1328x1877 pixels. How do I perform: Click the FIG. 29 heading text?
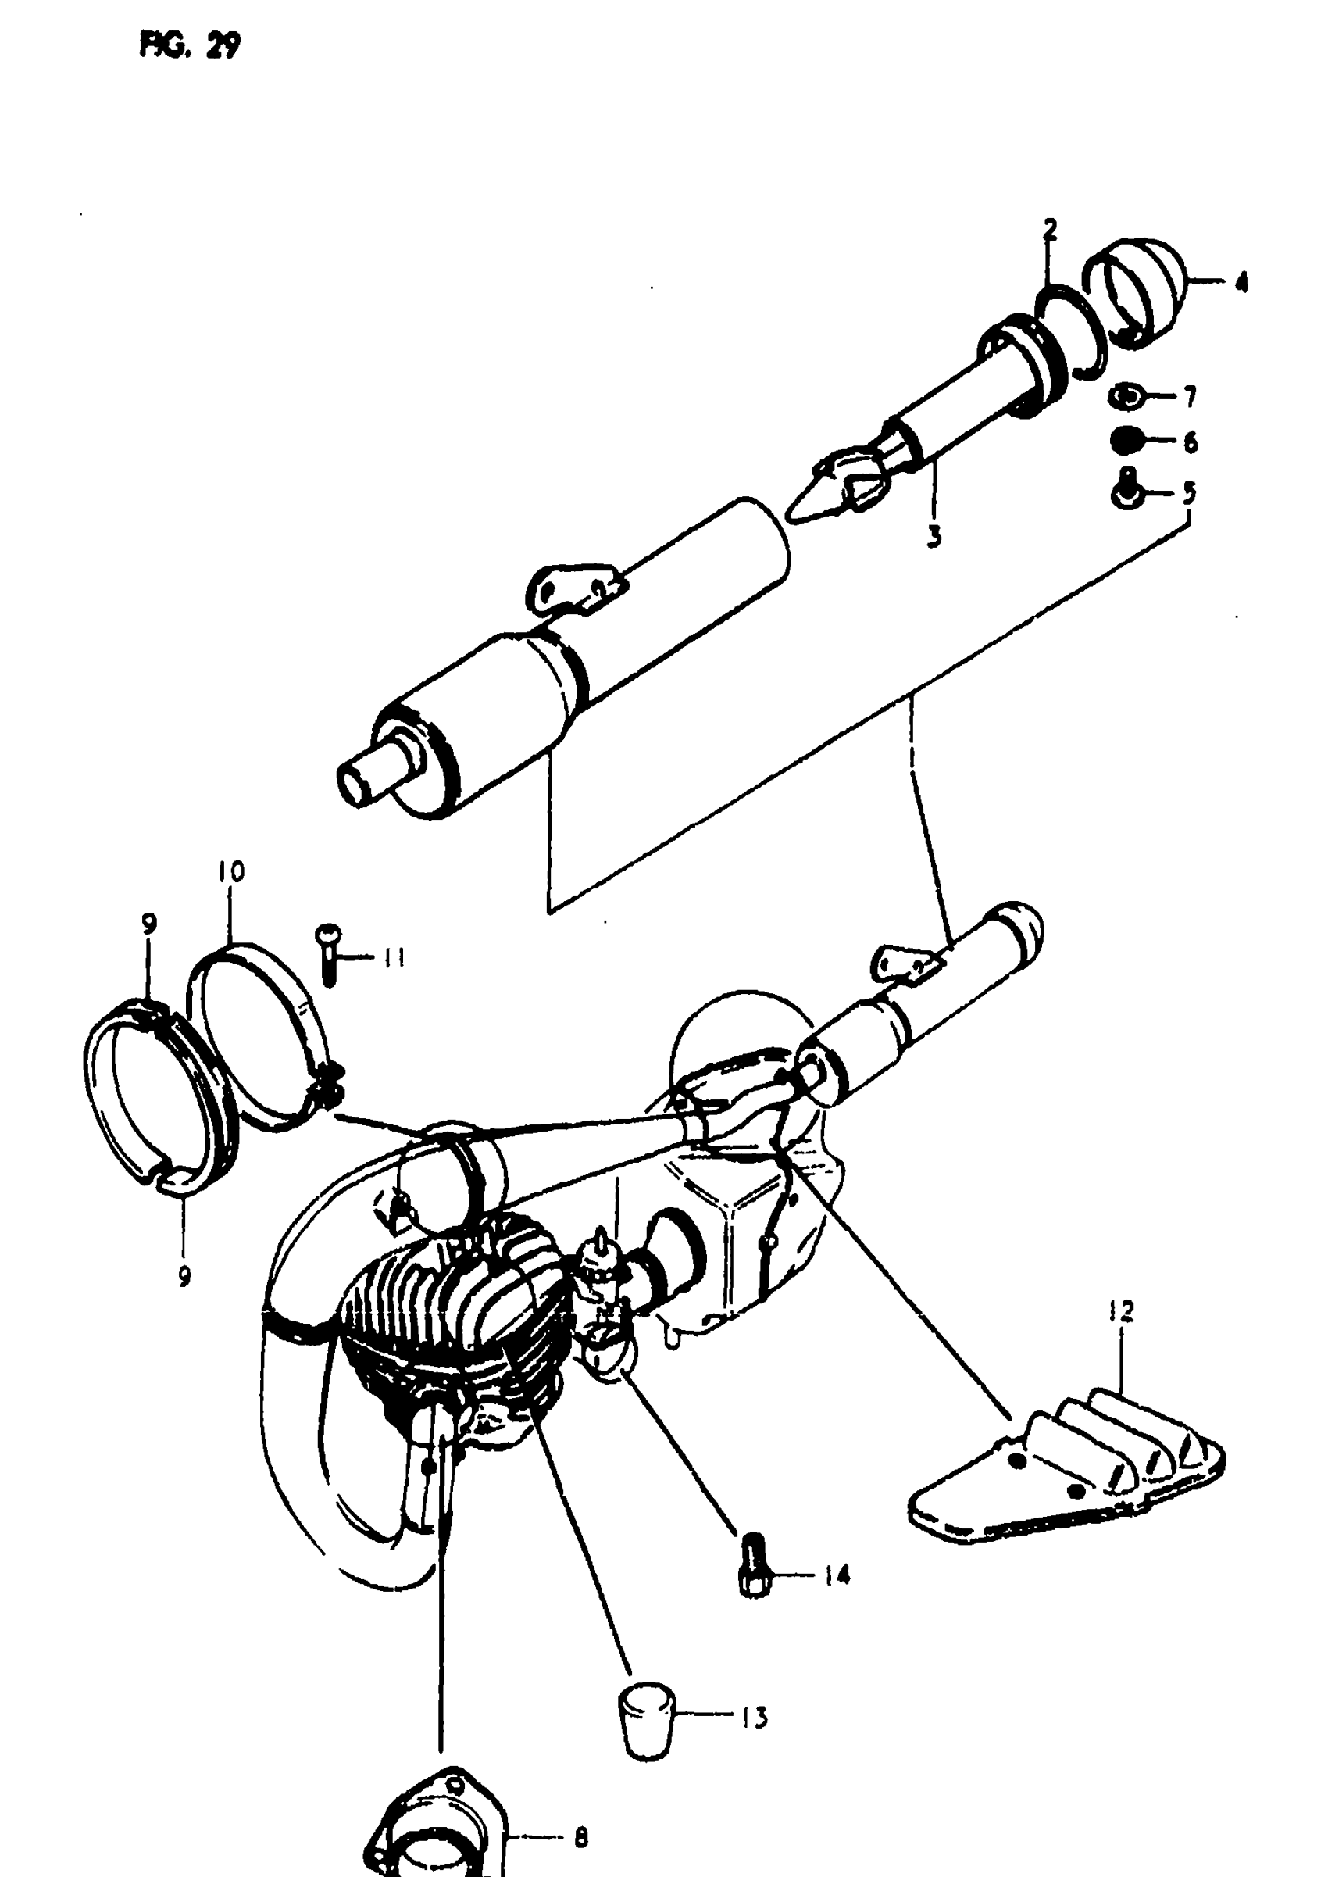click(x=190, y=47)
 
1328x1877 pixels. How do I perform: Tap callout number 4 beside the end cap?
click(x=1241, y=283)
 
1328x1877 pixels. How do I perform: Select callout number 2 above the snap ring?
click(x=1050, y=230)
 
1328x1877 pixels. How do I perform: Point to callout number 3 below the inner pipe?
click(x=934, y=537)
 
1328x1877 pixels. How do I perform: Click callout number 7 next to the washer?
click(x=1190, y=398)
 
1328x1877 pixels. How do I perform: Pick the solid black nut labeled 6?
click(x=1126, y=440)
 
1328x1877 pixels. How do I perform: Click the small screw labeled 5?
click(x=1126, y=490)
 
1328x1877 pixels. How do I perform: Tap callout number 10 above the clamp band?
click(x=231, y=872)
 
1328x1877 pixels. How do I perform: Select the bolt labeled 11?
click(x=330, y=953)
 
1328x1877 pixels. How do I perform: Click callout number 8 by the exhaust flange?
click(x=580, y=1837)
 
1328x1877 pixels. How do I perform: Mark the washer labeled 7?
click(x=1126, y=398)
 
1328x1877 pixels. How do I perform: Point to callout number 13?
click(x=754, y=1718)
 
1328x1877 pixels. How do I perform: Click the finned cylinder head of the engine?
click(x=458, y=1300)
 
